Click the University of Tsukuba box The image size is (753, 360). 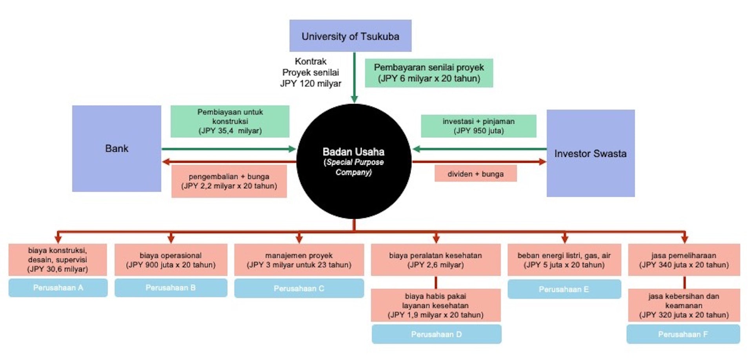(x=350, y=36)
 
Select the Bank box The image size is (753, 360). (x=116, y=148)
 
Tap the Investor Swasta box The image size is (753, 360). (x=591, y=153)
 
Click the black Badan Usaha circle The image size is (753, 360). (x=354, y=161)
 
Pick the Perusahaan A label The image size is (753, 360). (x=58, y=288)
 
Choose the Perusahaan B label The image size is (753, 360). (x=171, y=288)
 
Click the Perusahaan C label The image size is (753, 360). (x=299, y=289)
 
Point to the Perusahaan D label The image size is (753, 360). (x=436, y=334)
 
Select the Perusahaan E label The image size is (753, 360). (x=564, y=289)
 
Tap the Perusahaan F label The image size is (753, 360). (x=683, y=334)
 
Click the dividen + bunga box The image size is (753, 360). (x=475, y=174)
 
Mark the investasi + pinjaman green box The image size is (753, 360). (x=478, y=126)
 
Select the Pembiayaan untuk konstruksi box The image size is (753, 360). (x=230, y=121)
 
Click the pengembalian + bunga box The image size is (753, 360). (x=229, y=181)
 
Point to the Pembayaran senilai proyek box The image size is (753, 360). (x=429, y=73)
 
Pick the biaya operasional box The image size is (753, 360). (x=171, y=260)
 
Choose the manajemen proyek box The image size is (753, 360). (x=299, y=260)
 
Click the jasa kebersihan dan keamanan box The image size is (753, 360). (x=684, y=305)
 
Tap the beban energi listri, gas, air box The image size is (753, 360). (x=564, y=260)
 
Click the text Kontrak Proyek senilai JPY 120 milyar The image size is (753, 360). (x=311, y=73)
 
